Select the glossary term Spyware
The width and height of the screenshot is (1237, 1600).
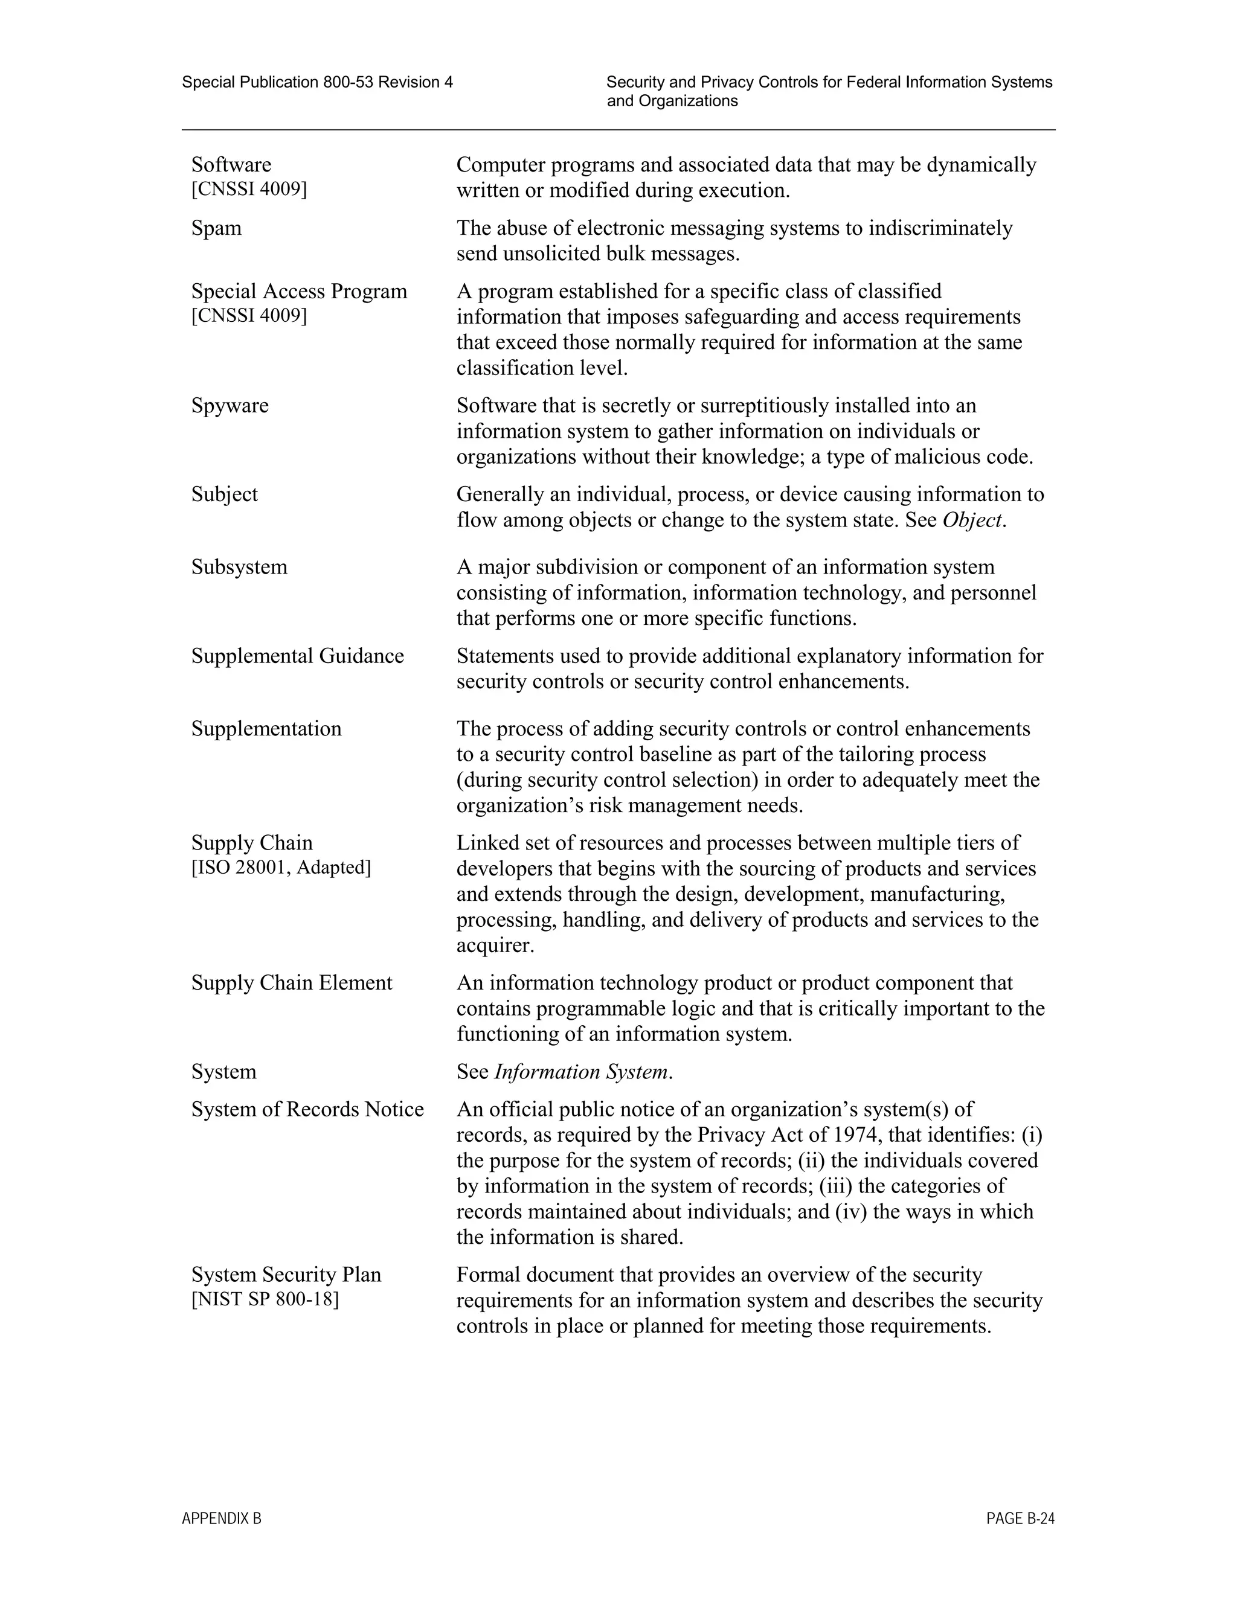coord(230,405)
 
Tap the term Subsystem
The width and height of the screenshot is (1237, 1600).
coord(239,567)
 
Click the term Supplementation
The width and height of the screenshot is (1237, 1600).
coord(266,729)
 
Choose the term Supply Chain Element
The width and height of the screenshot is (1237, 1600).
coord(292,983)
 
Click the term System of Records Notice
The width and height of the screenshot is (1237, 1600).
coord(307,1109)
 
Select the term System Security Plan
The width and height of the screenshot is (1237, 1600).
coord(286,1275)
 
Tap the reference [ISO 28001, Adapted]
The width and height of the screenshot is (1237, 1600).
coord(281,868)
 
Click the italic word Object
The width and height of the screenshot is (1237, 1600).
coord(972,520)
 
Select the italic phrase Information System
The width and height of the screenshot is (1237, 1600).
coord(580,1072)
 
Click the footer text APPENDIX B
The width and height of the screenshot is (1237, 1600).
coord(221,1518)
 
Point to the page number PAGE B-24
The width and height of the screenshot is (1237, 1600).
coord(1020,1518)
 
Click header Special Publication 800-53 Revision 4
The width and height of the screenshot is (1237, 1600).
coord(317,82)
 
